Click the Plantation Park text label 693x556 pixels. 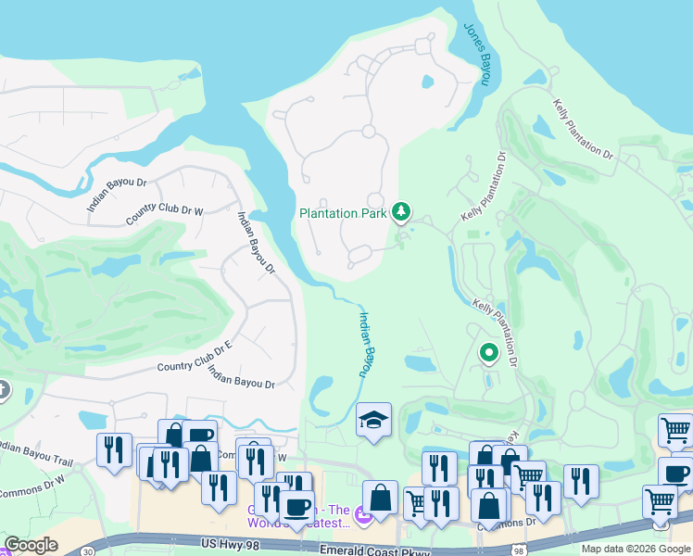[341, 213]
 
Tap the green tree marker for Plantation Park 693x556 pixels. [401, 212]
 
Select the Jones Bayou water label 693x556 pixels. [476, 55]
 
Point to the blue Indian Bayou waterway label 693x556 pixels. [365, 344]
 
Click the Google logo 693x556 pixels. [31, 545]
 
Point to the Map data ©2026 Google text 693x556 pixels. [635, 549]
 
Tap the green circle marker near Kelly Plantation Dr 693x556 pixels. [488, 352]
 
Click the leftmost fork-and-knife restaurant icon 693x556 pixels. [113, 449]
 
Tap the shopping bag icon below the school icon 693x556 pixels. [380, 497]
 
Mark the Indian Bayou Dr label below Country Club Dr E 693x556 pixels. [242, 377]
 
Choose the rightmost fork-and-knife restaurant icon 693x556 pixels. [580, 480]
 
